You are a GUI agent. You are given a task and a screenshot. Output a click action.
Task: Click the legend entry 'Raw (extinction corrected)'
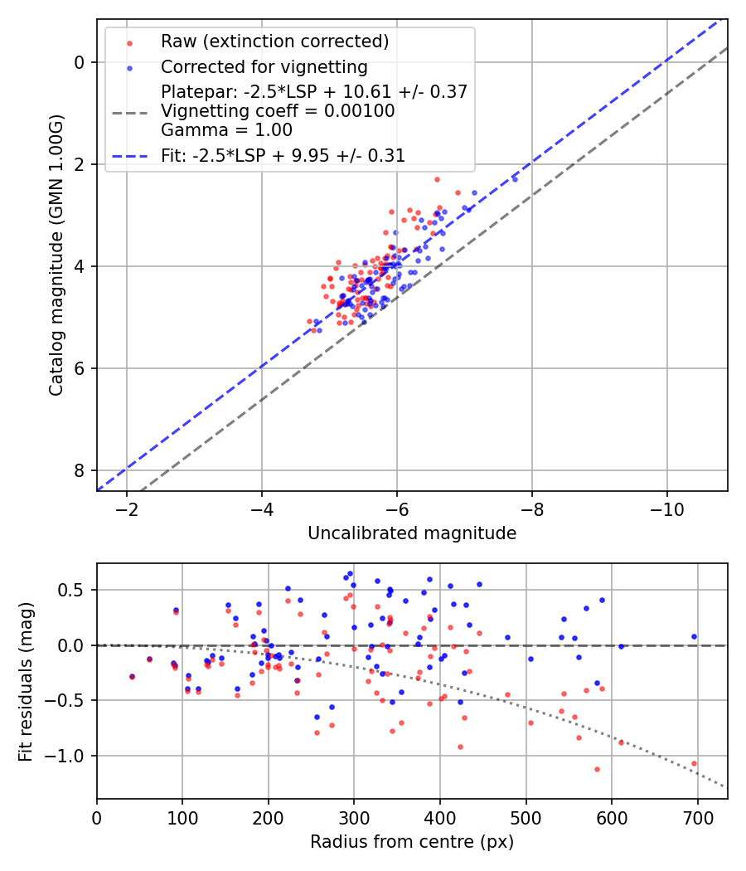click(274, 41)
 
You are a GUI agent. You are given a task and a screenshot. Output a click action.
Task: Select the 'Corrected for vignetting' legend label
click(264, 66)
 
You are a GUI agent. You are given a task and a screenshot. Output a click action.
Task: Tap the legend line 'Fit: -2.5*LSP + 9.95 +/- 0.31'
click(283, 155)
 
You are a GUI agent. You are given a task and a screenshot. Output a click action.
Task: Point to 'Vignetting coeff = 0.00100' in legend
click(278, 111)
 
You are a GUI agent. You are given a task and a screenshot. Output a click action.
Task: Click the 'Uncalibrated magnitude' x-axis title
click(412, 533)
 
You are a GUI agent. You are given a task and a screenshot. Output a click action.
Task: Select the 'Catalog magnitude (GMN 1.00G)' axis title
click(56, 255)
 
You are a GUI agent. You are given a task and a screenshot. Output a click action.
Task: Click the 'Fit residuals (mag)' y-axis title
click(27, 680)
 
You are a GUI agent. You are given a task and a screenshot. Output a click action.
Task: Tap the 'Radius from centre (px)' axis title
click(412, 842)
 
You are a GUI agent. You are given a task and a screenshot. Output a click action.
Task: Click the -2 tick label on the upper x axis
click(127, 508)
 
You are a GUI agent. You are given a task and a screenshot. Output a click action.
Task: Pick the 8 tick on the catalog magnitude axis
click(80, 470)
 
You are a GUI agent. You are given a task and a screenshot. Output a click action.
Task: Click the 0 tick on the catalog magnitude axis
click(80, 62)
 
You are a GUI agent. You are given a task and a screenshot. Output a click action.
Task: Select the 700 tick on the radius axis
click(697, 816)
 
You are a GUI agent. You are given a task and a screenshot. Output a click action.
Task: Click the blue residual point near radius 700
click(694, 637)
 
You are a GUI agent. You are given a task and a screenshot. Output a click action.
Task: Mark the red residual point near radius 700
click(694, 763)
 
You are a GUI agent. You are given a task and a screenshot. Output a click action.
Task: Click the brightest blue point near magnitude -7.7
click(514, 179)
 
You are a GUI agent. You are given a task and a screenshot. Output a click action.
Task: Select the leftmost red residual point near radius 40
click(132, 677)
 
